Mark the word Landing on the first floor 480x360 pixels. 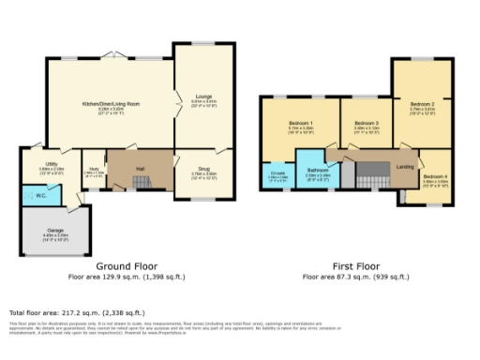pyautogui.click(x=406, y=167)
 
